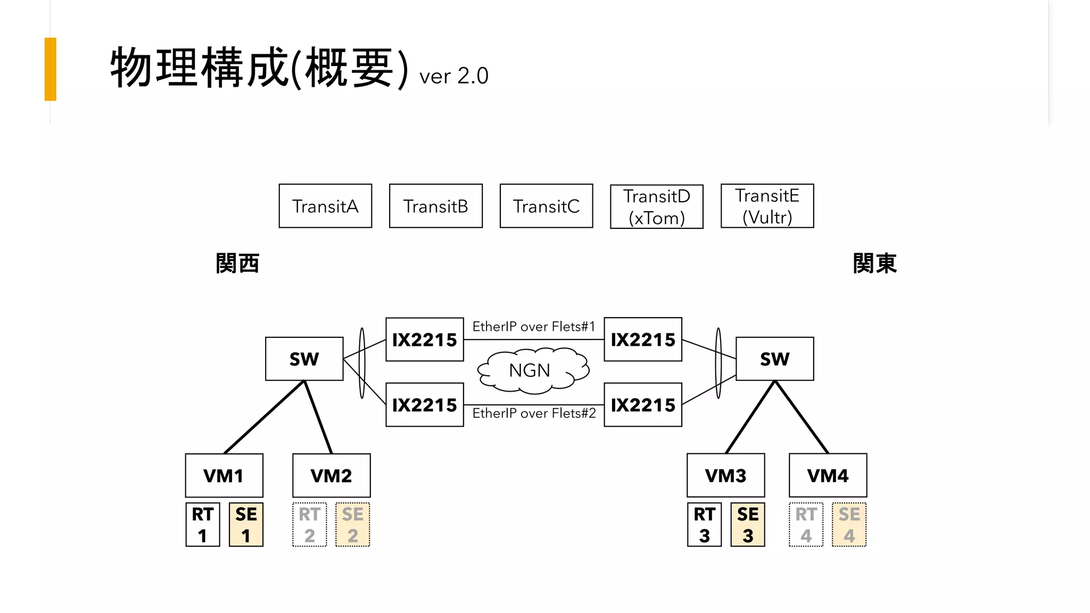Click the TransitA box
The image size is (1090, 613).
point(325,206)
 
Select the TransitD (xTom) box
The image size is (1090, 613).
point(656,206)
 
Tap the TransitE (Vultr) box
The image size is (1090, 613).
point(767,206)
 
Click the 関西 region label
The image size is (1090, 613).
point(237,263)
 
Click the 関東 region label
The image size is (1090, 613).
point(874,263)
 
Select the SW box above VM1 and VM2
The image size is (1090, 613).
point(304,359)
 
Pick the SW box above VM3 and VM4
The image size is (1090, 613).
point(774,359)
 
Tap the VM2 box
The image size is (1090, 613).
point(331,475)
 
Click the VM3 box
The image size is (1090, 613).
point(725,475)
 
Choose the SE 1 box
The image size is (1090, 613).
point(246,525)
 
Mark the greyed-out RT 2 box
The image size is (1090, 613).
point(309,525)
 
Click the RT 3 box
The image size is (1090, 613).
point(704,525)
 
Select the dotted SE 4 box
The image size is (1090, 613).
point(849,525)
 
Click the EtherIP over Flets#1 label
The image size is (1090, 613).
point(533,327)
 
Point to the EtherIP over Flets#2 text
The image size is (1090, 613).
point(534,413)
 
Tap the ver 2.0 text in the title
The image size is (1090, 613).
point(453,76)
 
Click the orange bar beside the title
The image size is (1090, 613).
point(51,69)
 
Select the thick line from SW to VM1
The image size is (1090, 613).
point(265,417)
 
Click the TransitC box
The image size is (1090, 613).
point(546,206)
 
